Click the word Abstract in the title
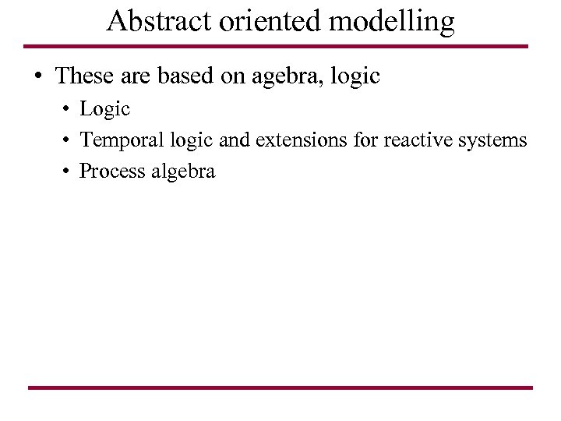click(x=158, y=22)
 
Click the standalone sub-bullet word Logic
click(x=104, y=110)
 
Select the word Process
click(x=112, y=172)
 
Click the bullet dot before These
click(x=37, y=77)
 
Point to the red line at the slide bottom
click(x=280, y=387)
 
